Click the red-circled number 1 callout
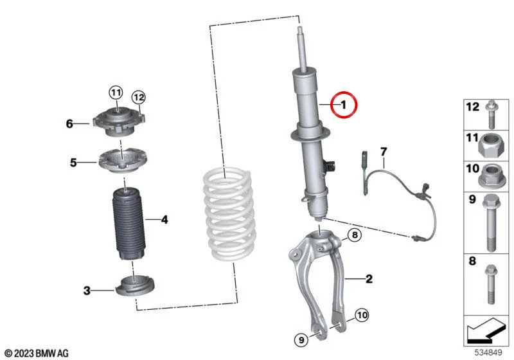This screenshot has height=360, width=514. pos(343,105)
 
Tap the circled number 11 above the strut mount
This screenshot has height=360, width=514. pos(116,93)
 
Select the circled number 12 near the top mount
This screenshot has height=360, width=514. pos(138,97)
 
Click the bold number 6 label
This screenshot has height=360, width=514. pos(69,123)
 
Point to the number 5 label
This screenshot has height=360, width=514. pos(73,162)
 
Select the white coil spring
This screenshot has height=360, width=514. pos(229,215)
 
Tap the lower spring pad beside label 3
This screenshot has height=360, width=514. pos(135,285)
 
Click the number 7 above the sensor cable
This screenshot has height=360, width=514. pos(384,152)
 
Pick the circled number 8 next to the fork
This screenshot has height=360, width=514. pos(355,235)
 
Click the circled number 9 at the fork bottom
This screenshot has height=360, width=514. pos(301,339)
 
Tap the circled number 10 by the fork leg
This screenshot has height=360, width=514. pos(362,316)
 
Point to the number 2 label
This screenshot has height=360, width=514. pos(369,279)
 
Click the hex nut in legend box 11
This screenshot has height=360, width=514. pos(491,147)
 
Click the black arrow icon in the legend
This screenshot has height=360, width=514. pos(485,330)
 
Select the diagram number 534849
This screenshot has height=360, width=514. pos(488,352)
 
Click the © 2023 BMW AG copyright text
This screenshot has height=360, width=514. pos(37,353)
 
